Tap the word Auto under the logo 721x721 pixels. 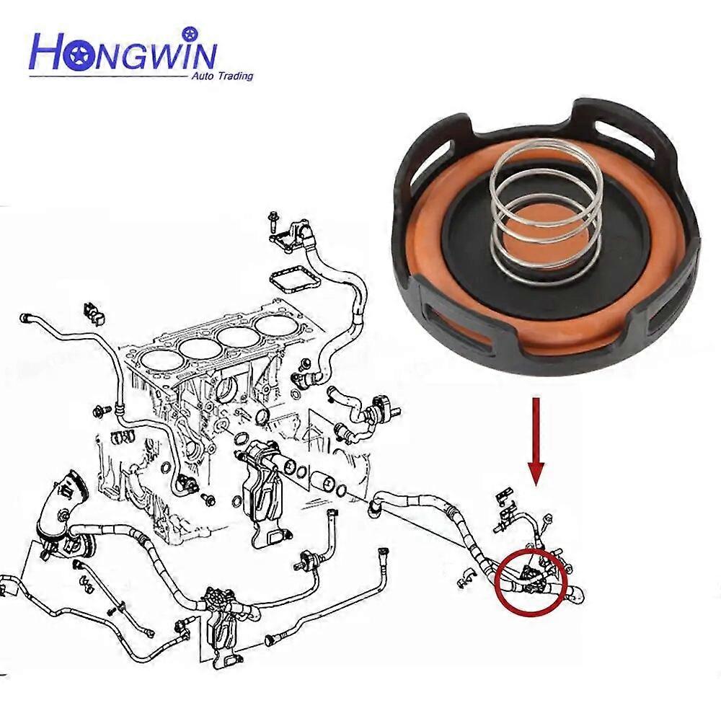pos(201,76)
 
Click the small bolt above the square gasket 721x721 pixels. pos(274,220)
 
